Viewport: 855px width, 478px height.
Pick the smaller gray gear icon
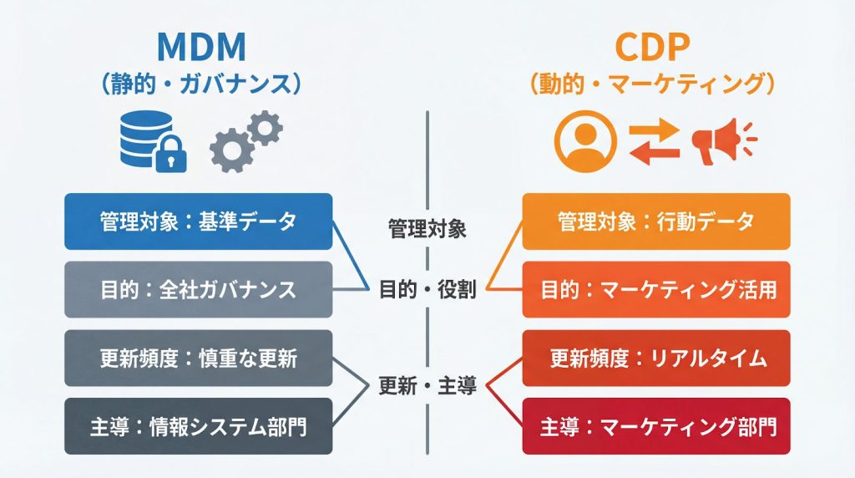pyautogui.click(x=266, y=128)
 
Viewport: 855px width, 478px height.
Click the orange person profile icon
pyautogui.click(x=585, y=140)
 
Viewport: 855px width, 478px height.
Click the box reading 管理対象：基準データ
pyautogui.click(x=198, y=221)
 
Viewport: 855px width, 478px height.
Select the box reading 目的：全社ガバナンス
pyautogui.click(x=198, y=289)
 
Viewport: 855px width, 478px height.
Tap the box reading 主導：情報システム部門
pyautogui.click(x=198, y=426)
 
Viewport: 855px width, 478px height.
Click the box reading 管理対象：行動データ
pyautogui.click(x=655, y=221)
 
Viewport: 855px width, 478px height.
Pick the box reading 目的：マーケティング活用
pyautogui.click(x=655, y=289)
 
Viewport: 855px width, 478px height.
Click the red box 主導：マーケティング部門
pyautogui.click(x=655, y=426)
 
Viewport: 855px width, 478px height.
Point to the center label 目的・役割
pyautogui.click(x=427, y=290)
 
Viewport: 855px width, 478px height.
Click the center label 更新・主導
pyautogui.click(x=427, y=386)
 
